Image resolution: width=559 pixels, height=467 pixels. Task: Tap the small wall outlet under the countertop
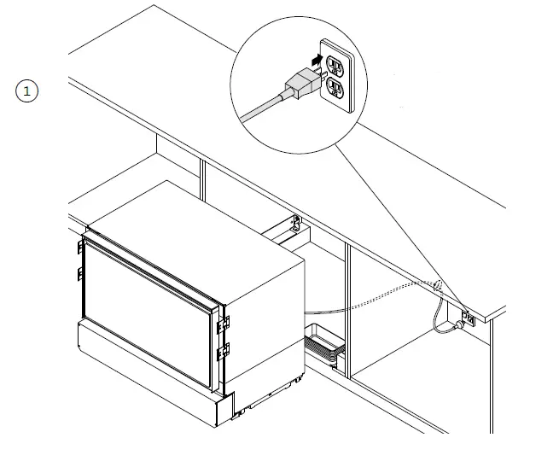468,319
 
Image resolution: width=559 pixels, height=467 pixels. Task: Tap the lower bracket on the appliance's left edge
80,273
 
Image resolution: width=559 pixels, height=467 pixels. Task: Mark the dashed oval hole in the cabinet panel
438,286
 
